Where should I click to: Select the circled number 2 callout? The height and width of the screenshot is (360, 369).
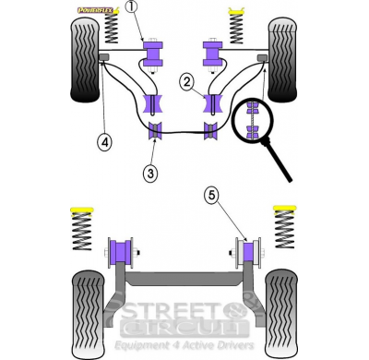(186, 83)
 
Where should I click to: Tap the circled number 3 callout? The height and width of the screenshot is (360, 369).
(149, 171)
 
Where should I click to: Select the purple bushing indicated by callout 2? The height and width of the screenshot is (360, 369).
(214, 103)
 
